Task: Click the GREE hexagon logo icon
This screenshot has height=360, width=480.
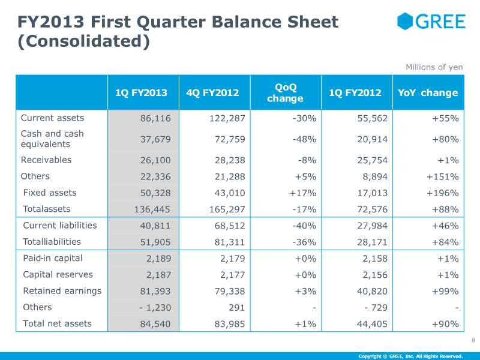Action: pyautogui.click(x=405, y=21)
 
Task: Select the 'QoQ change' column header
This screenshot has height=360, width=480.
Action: pyautogui.click(x=286, y=93)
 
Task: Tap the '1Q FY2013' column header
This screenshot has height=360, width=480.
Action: pyautogui.click(x=141, y=93)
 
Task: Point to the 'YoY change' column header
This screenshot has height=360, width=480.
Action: pyautogui.click(x=428, y=93)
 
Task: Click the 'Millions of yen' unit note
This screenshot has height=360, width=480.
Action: pyautogui.click(x=434, y=67)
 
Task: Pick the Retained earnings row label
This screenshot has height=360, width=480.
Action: pyautogui.click(x=62, y=291)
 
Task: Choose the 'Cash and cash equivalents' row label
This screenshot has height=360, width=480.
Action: pyautogui.click(x=52, y=139)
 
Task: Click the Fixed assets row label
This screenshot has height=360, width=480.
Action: pyautogui.click(x=50, y=193)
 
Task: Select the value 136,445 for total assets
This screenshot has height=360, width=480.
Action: pyautogui.click(x=152, y=209)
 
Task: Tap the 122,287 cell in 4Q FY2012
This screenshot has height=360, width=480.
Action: pyautogui.click(x=227, y=118)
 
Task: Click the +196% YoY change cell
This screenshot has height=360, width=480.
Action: pyautogui.click(x=443, y=193)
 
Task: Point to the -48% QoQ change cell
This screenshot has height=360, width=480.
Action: pyautogui.click(x=304, y=139)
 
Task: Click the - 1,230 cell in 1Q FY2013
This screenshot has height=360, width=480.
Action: pyautogui.click(x=155, y=307)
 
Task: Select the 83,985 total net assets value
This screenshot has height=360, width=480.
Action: pyautogui.click(x=230, y=324)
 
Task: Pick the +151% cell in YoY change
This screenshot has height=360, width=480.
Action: pyautogui.click(x=443, y=176)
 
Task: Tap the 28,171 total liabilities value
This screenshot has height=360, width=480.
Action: pyautogui.click(x=373, y=242)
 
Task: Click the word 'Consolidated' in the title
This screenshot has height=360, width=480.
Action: pyautogui.click(x=83, y=41)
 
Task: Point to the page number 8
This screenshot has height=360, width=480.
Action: pyautogui.click(x=473, y=340)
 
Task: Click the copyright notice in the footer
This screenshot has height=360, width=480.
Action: pyautogui.click(x=410, y=356)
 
